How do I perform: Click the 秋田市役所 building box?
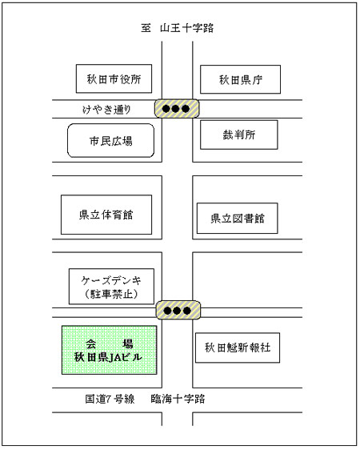114,78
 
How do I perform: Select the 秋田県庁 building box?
240,79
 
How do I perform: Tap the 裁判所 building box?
239,135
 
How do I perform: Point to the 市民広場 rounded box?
110,141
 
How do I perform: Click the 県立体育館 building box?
106,215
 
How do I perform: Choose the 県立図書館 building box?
238,219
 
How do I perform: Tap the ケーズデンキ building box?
111,287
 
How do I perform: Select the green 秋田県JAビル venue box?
110,350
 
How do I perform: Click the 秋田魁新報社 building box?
238,348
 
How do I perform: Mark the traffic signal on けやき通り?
177,109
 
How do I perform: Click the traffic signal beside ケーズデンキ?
178,310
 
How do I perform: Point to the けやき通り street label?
106,109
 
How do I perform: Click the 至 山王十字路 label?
178,28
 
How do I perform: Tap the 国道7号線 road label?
110,399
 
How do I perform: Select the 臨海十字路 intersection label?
178,399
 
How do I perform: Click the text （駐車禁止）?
112,294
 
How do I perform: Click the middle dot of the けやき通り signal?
175,109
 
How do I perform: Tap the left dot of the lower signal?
167,311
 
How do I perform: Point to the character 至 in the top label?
146,28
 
